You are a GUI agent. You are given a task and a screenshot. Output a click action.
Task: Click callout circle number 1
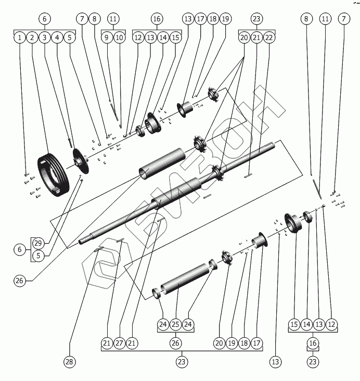pos(19,37)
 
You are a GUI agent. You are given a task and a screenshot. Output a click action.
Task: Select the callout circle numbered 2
pos(32,37)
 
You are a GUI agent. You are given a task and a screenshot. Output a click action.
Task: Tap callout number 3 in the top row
pos(45,37)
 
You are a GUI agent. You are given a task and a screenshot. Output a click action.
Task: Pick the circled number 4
pos(58,37)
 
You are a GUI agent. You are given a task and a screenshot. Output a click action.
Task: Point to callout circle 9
pos(107,37)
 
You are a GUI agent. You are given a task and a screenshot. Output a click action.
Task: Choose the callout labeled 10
pos(120,37)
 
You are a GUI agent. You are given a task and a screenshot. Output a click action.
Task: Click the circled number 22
pos(269,37)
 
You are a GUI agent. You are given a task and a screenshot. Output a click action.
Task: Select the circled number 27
pos(119,343)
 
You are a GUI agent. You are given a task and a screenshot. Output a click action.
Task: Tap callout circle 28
pos(69,361)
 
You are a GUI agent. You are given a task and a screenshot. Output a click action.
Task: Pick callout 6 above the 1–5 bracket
pos(45,18)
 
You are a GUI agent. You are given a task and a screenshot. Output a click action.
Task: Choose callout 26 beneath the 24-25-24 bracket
pos(175,343)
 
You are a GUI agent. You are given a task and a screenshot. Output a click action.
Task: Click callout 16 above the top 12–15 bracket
pos(157,18)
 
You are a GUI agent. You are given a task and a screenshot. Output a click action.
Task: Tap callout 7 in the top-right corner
pos(343,18)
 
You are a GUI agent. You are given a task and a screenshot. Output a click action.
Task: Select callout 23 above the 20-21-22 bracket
pos(256,18)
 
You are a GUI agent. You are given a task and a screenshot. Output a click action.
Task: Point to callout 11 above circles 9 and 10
pos(113,18)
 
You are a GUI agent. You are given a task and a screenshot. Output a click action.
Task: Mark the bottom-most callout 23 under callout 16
pos(313,361)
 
